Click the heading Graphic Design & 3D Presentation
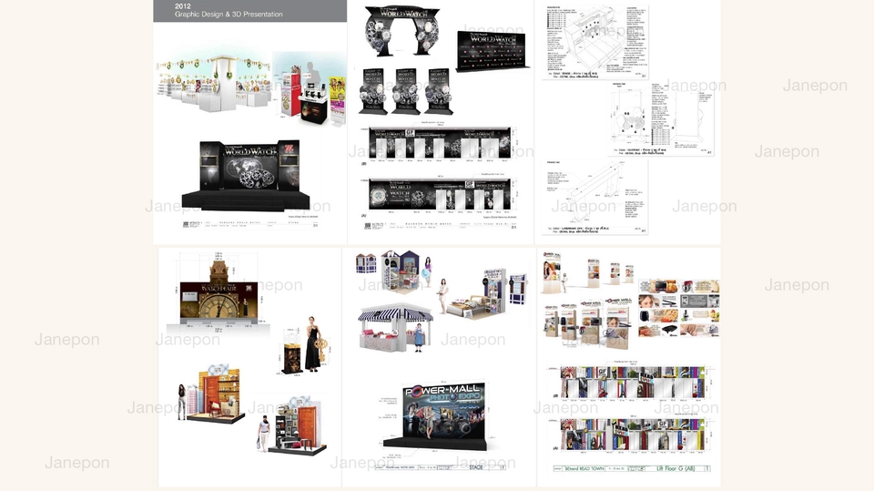(229, 15)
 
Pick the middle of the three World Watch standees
(405, 89)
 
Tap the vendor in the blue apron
(418, 339)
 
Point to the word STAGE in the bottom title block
(475, 468)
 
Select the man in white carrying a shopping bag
(264, 432)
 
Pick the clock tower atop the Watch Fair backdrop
(218, 265)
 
